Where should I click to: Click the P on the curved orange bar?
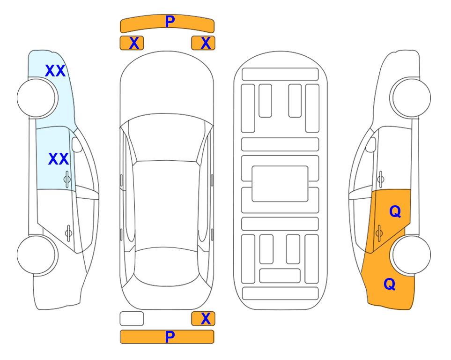(x=170, y=22)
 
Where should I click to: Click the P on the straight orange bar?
(x=170, y=337)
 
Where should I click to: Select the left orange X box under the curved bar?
(x=132, y=43)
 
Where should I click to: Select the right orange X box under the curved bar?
(x=203, y=43)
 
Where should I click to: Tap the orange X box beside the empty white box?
(x=203, y=319)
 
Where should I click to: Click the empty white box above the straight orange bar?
(x=132, y=319)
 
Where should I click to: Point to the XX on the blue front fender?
(x=55, y=71)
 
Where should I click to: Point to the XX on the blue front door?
(x=59, y=159)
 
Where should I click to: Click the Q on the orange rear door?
(x=395, y=212)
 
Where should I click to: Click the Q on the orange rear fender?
(x=390, y=284)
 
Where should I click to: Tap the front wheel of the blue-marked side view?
(x=37, y=98)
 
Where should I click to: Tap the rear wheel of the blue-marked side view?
(x=37, y=255)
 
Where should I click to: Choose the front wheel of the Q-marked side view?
(x=410, y=98)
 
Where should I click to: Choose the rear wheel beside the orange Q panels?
(x=410, y=255)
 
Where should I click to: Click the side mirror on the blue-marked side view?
(x=77, y=144)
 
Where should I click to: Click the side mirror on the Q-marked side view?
(x=371, y=144)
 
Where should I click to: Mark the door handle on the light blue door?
(x=67, y=179)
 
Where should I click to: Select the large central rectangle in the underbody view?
(x=280, y=184)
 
